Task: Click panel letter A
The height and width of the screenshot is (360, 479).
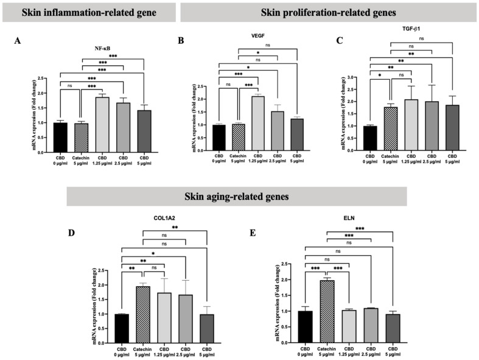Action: click(x=18, y=41)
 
